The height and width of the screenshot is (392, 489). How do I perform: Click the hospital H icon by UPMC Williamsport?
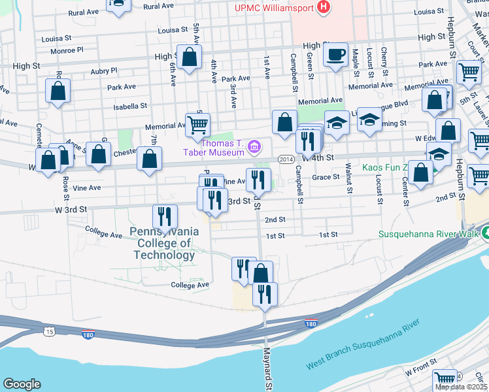point(323,8)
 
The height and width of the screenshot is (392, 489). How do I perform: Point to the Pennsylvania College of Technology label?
point(163,244)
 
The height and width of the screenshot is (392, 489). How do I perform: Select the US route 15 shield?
point(50,333)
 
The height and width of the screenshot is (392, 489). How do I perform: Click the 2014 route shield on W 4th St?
point(286,159)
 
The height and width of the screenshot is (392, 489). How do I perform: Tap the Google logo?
point(22,384)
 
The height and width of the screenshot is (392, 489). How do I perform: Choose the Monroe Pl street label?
point(71,49)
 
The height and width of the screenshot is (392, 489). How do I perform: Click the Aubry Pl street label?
point(105,70)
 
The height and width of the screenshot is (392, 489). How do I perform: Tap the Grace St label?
point(326,176)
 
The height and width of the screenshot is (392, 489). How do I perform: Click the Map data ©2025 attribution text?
point(461,387)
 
